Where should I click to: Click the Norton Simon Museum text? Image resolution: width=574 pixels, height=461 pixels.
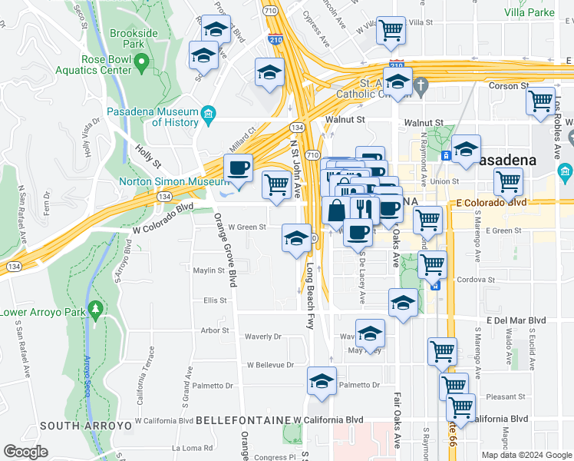[x=173, y=182]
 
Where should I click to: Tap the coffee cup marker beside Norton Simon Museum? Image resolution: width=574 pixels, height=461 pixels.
[x=237, y=168]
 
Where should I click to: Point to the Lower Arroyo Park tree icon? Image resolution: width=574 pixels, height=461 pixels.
[x=95, y=310]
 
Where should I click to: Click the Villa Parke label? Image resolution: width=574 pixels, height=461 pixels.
[x=529, y=13]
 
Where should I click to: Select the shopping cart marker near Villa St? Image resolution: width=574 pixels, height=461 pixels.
[x=391, y=31]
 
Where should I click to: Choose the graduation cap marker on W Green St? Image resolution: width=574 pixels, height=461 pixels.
[x=296, y=238]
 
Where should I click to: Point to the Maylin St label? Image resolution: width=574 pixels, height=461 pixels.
[x=208, y=270]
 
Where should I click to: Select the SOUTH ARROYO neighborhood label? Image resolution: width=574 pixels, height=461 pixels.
[x=76, y=426]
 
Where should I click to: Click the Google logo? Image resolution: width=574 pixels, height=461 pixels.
[x=25, y=452]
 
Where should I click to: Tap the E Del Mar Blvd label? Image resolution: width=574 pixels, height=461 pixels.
[x=515, y=320]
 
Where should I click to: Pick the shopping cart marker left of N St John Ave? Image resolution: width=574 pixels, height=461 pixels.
[x=275, y=184]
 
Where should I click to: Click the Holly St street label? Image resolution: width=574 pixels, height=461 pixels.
[x=147, y=158]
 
